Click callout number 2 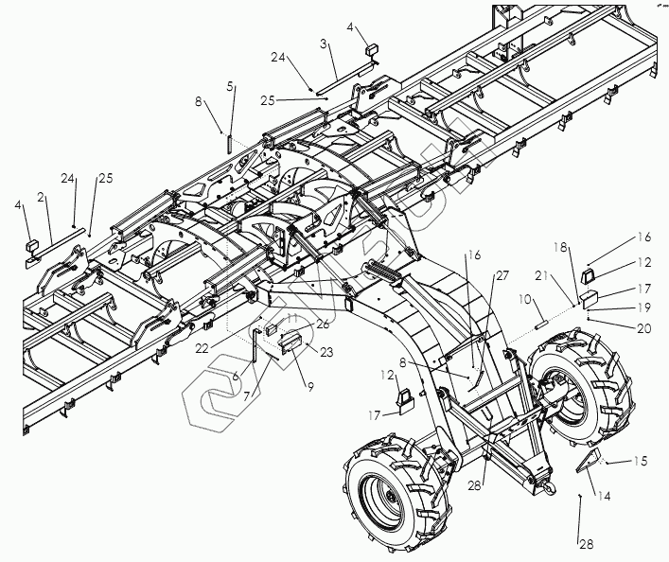(x=42, y=198)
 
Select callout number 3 (x=324, y=44)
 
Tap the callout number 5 (x=230, y=86)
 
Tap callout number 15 (x=640, y=462)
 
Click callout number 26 (x=323, y=323)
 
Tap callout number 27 (x=501, y=275)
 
